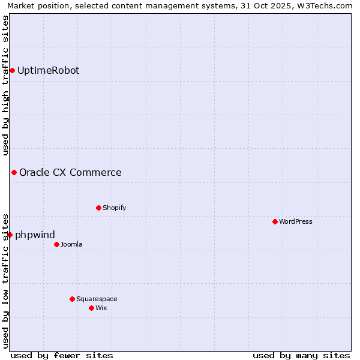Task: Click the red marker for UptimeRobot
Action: point(12,71)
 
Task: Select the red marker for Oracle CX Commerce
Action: point(14,173)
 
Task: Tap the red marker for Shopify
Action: point(99,208)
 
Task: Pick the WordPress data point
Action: point(275,222)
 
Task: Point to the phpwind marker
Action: point(10,235)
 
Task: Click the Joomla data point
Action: point(57,244)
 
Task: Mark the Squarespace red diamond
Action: point(73,299)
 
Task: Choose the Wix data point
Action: point(92,308)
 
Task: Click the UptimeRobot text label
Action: point(48,71)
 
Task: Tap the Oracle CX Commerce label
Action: point(70,173)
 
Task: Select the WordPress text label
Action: point(296,222)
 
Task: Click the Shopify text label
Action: point(114,208)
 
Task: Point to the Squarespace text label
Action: point(97,299)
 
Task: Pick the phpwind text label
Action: point(35,235)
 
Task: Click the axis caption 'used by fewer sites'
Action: point(62,355)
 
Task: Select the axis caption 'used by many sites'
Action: point(301,355)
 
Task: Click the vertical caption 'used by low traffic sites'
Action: point(6,280)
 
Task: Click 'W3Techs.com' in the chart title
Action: point(327,6)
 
